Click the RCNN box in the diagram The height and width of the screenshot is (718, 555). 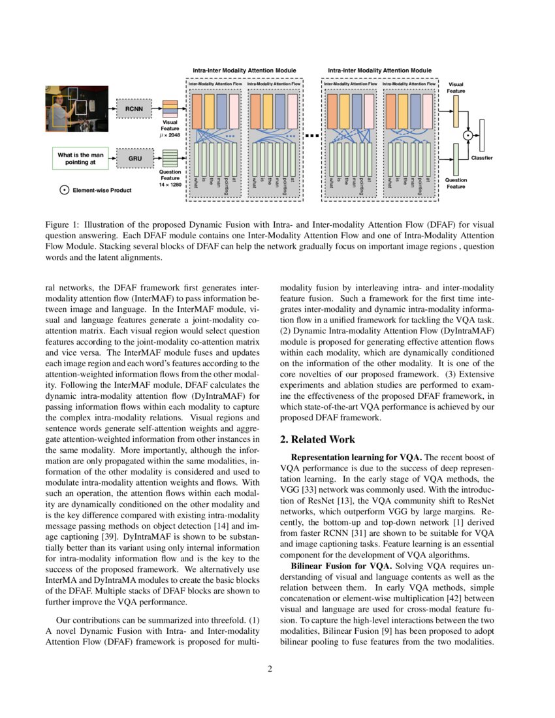coord(134,108)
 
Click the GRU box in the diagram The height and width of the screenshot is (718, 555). coord(134,158)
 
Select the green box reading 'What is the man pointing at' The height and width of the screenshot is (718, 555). coord(80,159)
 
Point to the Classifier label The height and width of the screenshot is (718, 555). coord(482,158)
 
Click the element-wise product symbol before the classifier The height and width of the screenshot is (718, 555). coord(468,135)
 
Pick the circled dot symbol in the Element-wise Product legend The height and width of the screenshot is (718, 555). coord(64,190)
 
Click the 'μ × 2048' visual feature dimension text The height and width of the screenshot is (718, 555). coord(170,135)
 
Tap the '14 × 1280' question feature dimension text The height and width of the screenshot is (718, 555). coord(170,185)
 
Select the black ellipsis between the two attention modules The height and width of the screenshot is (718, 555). coord(312,136)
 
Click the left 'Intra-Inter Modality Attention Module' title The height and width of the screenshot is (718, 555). coord(244,70)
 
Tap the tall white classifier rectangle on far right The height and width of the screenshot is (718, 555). coord(482,134)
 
